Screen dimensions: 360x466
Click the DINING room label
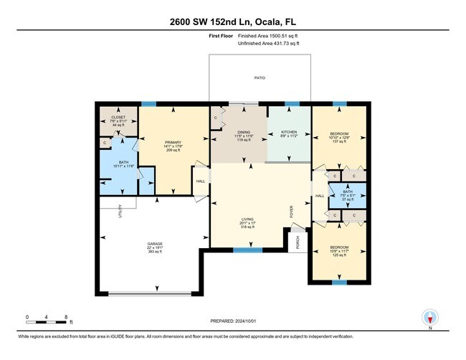[240, 132]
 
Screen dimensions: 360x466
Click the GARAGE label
[155, 244]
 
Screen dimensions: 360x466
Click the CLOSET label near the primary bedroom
[118, 117]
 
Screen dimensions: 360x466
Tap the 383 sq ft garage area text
[155, 252]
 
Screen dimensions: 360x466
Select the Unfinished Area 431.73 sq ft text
[270, 43]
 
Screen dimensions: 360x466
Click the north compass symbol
[430, 317]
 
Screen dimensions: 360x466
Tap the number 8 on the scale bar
[66, 316]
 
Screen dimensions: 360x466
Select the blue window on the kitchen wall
[291, 104]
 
